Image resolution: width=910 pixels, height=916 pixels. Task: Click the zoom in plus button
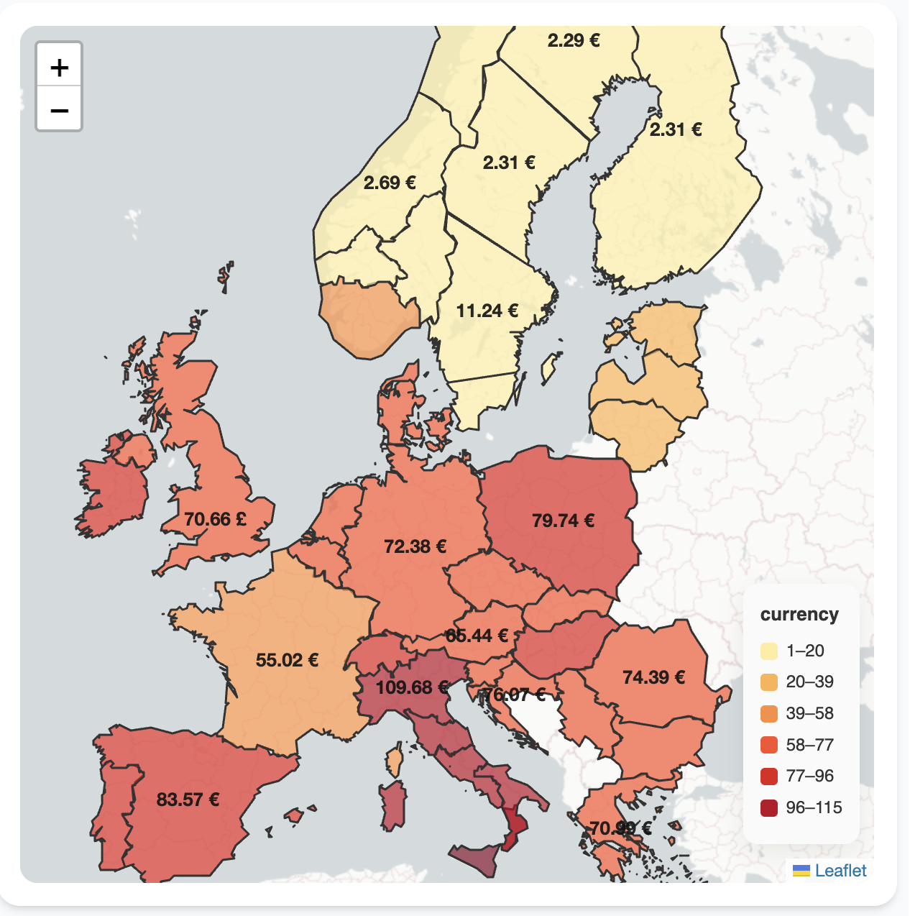60,68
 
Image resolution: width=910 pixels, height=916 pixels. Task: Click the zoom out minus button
60,110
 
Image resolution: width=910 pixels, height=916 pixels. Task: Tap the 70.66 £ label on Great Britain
215,519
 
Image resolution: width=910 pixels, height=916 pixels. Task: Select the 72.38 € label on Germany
415,546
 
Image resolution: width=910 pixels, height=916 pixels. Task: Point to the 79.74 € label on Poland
563,521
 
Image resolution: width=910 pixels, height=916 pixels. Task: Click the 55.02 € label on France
287,660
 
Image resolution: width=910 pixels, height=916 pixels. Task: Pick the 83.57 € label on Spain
188,800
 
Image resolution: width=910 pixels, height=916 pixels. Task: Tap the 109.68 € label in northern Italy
412,687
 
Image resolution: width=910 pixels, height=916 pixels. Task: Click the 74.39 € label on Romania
653,677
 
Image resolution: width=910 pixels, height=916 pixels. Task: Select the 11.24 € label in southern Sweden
487,311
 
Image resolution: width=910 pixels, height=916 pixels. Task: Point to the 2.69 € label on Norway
390,183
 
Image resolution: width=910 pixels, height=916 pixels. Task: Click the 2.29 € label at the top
574,40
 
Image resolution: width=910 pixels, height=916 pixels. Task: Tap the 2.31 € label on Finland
676,129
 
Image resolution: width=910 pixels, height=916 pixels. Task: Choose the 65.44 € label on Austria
477,636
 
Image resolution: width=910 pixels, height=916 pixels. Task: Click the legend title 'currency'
799,615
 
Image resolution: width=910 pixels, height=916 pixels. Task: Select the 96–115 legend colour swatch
769,807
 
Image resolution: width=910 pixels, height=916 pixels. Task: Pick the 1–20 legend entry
804,651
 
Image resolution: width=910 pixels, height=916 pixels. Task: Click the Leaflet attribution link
840,871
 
